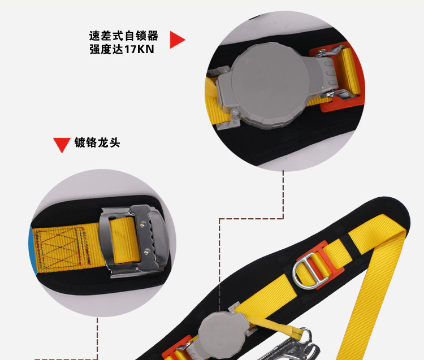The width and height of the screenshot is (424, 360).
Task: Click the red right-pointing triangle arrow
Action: [176, 40]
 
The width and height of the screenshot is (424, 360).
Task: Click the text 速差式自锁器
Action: [124, 36]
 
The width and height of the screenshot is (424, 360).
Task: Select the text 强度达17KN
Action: [122, 49]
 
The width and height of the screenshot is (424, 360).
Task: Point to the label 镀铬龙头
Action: [97, 142]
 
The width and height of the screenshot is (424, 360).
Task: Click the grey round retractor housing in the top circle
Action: [270, 85]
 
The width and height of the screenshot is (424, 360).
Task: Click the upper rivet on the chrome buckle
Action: [143, 224]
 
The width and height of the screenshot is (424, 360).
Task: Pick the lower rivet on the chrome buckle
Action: [147, 251]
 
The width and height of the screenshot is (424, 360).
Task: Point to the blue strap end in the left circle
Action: [32, 250]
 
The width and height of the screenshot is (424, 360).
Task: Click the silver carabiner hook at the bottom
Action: [289, 349]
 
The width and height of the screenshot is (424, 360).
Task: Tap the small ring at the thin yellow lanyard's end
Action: [306, 335]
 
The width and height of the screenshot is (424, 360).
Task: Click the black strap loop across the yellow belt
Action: [351, 245]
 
